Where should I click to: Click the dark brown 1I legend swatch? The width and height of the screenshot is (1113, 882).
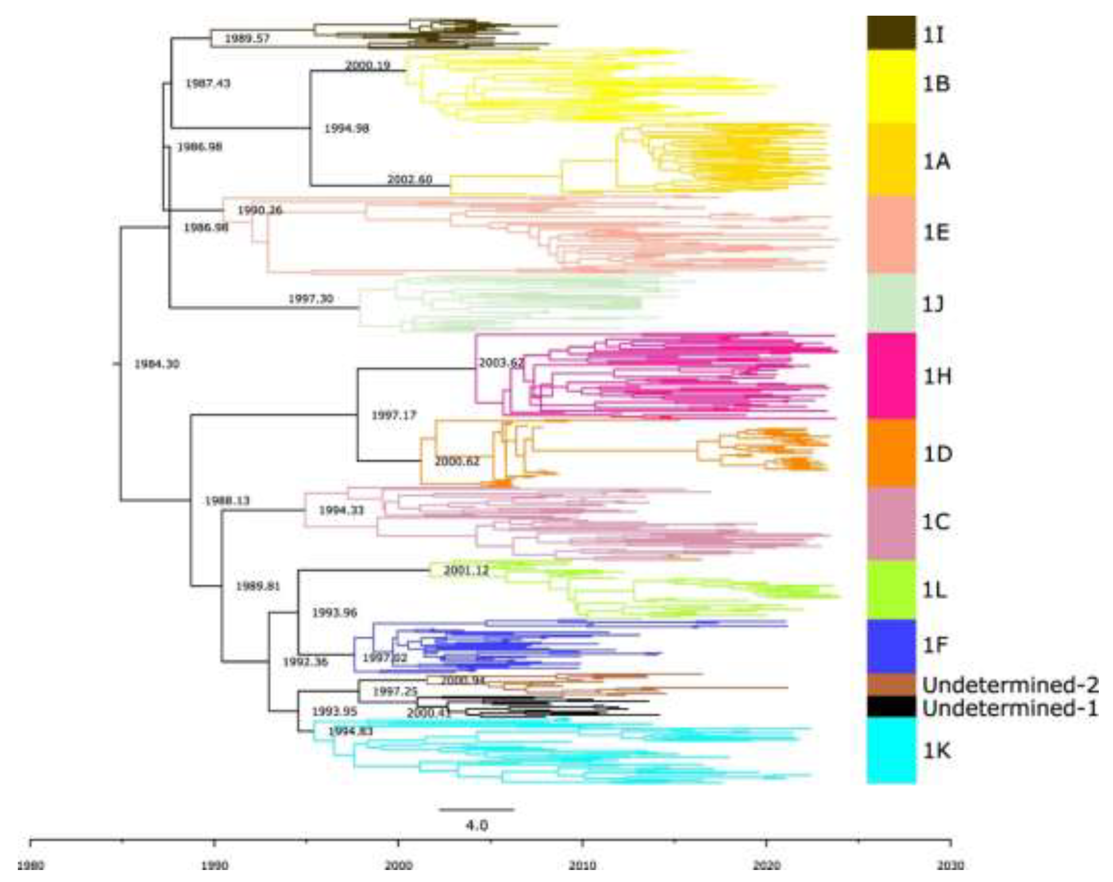[891, 33]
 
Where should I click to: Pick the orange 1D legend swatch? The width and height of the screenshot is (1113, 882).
[891, 453]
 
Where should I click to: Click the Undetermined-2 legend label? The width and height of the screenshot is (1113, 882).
[1009, 685]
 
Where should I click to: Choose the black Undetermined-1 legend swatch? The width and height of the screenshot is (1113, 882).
[891, 706]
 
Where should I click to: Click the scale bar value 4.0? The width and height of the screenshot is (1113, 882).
[476, 825]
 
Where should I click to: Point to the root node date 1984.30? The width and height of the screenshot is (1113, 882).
[157, 364]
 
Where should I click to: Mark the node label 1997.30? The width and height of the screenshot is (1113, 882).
[310, 299]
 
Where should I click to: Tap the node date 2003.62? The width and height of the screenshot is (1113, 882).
[501, 363]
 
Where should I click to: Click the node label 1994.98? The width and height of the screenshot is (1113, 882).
[346, 129]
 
